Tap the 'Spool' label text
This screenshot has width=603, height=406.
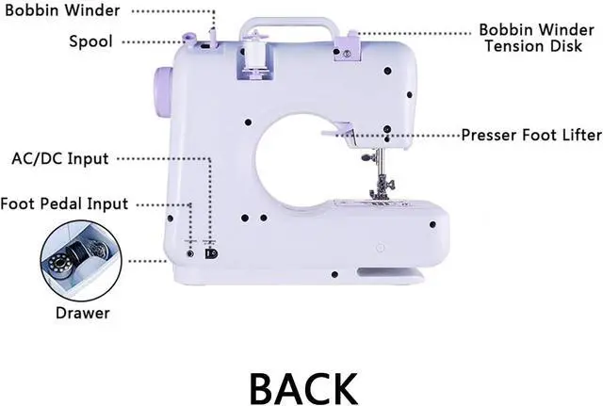[x=91, y=41]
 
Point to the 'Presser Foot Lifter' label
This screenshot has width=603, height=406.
[x=530, y=135]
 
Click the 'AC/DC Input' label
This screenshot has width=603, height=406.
[x=59, y=157]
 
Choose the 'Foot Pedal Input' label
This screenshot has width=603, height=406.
[x=64, y=203]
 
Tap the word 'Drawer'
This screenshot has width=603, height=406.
[x=81, y=313]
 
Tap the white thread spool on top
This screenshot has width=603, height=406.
[x=252, y=54]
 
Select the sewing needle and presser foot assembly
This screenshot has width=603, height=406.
[x=382, y=179]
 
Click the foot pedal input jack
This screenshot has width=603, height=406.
[x=191, y=252]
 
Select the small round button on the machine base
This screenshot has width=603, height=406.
[x=381, y=248]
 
